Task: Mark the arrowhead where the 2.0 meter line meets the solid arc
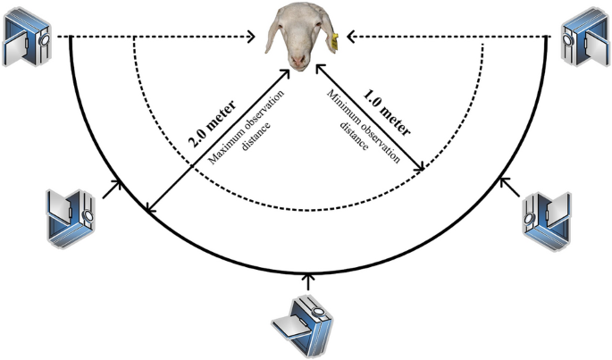pos(151,210)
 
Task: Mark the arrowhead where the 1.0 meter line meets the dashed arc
pos(420,168)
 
